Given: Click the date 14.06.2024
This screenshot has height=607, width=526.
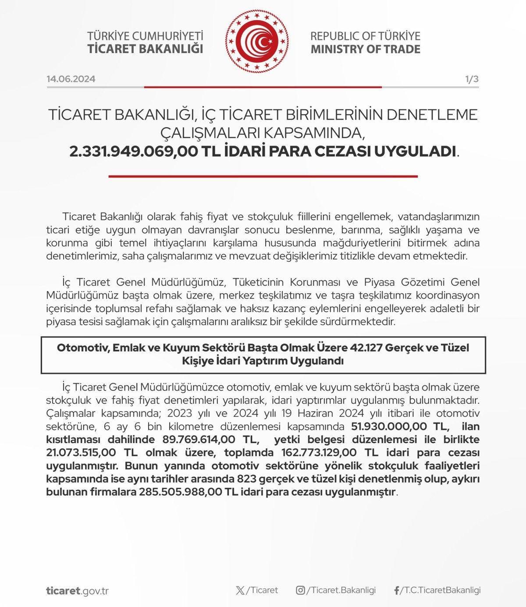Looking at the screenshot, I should (x=71, y=79).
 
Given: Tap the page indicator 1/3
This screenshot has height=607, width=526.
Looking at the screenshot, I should (x=472, y=79).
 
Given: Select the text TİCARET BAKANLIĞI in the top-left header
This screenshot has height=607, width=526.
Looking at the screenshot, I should (x=146, y=48).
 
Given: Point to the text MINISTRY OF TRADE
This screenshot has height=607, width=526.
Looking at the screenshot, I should (x=366, y=48).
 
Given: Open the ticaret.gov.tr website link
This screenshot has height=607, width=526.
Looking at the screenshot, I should (x=77, y=590).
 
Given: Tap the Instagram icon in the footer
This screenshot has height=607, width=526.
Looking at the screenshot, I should (x=300, y=590).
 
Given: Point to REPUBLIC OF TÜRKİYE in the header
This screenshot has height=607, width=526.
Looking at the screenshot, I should (x=366, y=36).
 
